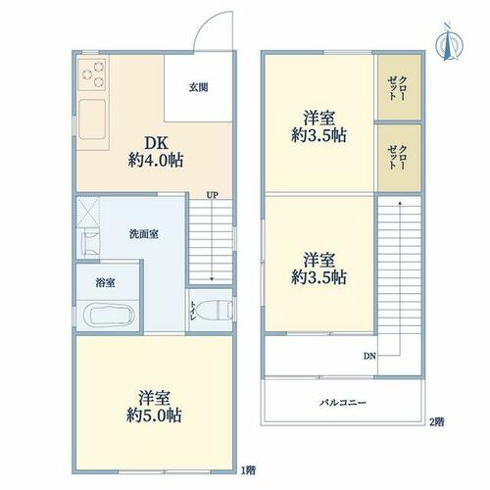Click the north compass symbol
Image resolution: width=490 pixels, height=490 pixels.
tap(450, 42)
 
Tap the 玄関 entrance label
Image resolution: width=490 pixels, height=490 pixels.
tap(198, 87)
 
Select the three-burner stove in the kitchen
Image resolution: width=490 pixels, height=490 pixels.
tap(92, 74)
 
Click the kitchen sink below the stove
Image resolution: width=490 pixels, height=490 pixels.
tap(92, 120)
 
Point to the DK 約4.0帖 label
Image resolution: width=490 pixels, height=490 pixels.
tap(156, 152)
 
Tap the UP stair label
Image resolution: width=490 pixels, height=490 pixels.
tap(212, 196)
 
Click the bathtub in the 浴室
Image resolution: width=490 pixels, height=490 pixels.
tap(109, 316)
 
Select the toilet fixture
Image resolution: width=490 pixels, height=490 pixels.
tap(217, 310)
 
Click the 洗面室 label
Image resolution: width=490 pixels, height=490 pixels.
tap(144, 234)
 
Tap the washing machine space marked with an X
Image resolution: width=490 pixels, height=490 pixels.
tap(88, 212)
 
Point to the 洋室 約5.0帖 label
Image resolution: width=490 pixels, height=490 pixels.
tap(154, 407)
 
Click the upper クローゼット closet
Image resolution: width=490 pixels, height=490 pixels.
tap(399, 87)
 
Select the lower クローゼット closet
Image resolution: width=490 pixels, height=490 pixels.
tap(399, 158)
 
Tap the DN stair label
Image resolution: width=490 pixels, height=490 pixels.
tap(369, 356)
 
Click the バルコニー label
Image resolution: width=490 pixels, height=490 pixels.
tap(343, 403)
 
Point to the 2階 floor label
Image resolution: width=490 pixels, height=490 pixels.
tap(436, 422)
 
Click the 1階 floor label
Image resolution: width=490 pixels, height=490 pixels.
tap(248, 470)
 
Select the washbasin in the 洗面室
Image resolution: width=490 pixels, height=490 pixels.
tap(91, 243)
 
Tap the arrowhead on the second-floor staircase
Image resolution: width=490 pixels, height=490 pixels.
tap(400, 203)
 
